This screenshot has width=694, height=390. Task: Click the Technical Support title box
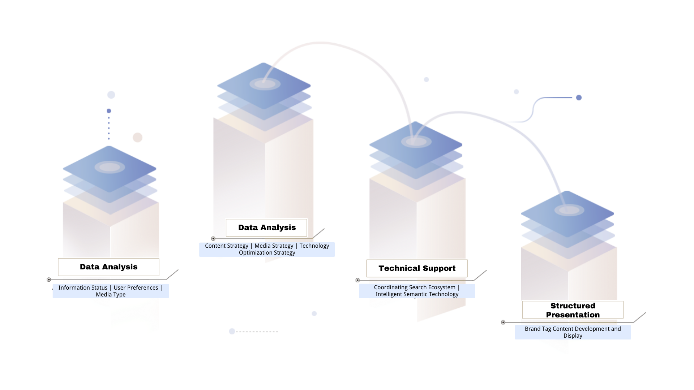pos(417,268)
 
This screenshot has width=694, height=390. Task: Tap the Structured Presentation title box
pos(573,310)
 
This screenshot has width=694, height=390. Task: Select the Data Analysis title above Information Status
pos(108,267)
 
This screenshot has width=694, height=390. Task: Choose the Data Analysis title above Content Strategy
pos(267,227)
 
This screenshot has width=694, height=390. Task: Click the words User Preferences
pos(136,288)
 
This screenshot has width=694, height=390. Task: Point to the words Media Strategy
pos(274,246)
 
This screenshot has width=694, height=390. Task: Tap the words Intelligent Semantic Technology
pos(417,294)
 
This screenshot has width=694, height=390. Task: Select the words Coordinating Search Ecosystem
pos(415,287)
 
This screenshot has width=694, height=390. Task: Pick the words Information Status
pos(83,288)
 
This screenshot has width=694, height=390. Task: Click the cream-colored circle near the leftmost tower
pos(137,138)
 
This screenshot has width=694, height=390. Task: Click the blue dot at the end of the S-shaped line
pos(579,97)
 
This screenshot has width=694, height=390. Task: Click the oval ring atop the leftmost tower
pos(110,167)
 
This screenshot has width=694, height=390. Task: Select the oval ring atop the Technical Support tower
pos(416,142)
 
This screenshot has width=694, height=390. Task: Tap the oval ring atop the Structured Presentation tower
pos(569,210)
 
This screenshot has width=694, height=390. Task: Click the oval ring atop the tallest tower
pos(265,84)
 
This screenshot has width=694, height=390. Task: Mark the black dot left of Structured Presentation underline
pos(503,322)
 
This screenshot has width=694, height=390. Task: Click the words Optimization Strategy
pos(267,253)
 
